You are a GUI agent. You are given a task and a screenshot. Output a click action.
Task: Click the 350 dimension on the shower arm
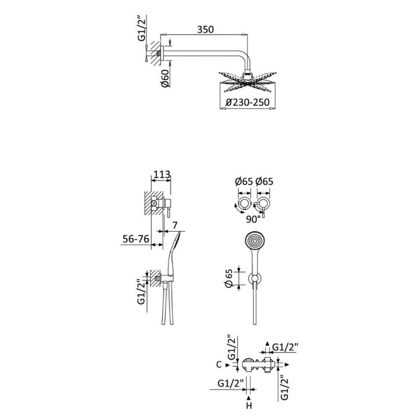(206, 29)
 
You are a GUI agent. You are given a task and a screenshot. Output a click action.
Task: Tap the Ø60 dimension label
(166, 78)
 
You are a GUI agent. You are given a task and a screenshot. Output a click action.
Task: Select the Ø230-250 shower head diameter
(248, 103)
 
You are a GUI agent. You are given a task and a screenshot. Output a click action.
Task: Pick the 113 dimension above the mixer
(162, 174)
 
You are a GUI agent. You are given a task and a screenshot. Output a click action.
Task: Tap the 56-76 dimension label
(136, 239)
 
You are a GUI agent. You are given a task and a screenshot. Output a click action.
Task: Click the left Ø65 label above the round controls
(244, 181)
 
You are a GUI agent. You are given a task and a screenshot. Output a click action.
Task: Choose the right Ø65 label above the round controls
(264, 181)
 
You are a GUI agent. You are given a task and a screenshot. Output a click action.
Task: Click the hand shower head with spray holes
(254, 241)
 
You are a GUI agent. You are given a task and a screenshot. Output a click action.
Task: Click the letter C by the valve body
(218, 365)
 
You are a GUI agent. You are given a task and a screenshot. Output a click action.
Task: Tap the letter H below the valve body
(249, 406)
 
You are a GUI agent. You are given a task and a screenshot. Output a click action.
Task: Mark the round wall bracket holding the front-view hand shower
(254, 280)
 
